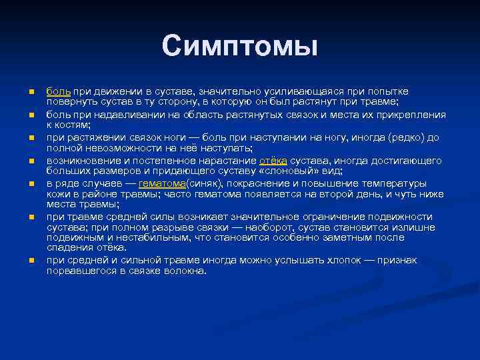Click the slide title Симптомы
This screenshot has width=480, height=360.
coord(239,46)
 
